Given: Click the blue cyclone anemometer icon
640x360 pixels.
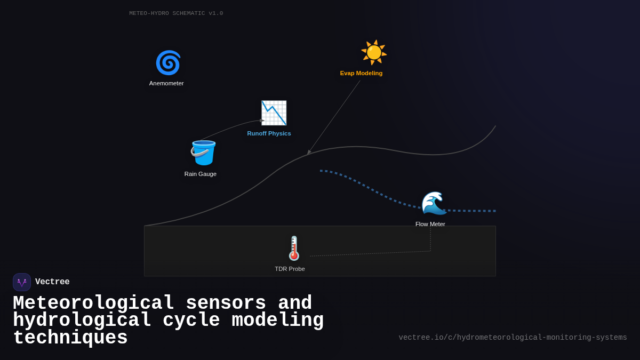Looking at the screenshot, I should [168, 63].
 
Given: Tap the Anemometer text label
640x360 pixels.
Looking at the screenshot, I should [166, 83].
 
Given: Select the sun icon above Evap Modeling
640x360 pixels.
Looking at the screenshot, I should [373, 52].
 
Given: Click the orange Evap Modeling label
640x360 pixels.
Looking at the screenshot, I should [361, 73].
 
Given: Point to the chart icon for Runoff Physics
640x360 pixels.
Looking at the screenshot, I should [274, 113].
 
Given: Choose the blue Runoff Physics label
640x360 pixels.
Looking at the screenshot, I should [269, 133].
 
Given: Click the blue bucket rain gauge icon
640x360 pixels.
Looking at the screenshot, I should [203, 153].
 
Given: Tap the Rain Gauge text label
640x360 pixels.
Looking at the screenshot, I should [201, 174].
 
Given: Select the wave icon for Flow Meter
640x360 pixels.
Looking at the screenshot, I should [434, 203].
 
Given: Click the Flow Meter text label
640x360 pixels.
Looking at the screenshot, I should [430, 224].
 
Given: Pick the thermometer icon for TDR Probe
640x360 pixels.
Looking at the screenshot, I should [294, 248].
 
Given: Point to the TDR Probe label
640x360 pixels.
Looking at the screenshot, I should [290, 269].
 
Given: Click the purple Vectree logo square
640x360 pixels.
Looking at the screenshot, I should [22, 282].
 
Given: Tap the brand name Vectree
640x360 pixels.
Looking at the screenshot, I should [52, 282].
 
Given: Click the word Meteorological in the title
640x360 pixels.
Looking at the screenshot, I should [93, 303].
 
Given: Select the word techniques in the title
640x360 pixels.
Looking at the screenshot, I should [70, 338].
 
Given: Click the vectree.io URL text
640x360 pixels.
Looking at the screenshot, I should [513, 338].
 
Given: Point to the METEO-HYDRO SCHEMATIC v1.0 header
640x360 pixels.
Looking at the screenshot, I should [176, 13].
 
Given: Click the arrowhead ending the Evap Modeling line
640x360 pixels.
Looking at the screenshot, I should [309, 153].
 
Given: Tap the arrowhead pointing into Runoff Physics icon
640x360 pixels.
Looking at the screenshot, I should [262, 121].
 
